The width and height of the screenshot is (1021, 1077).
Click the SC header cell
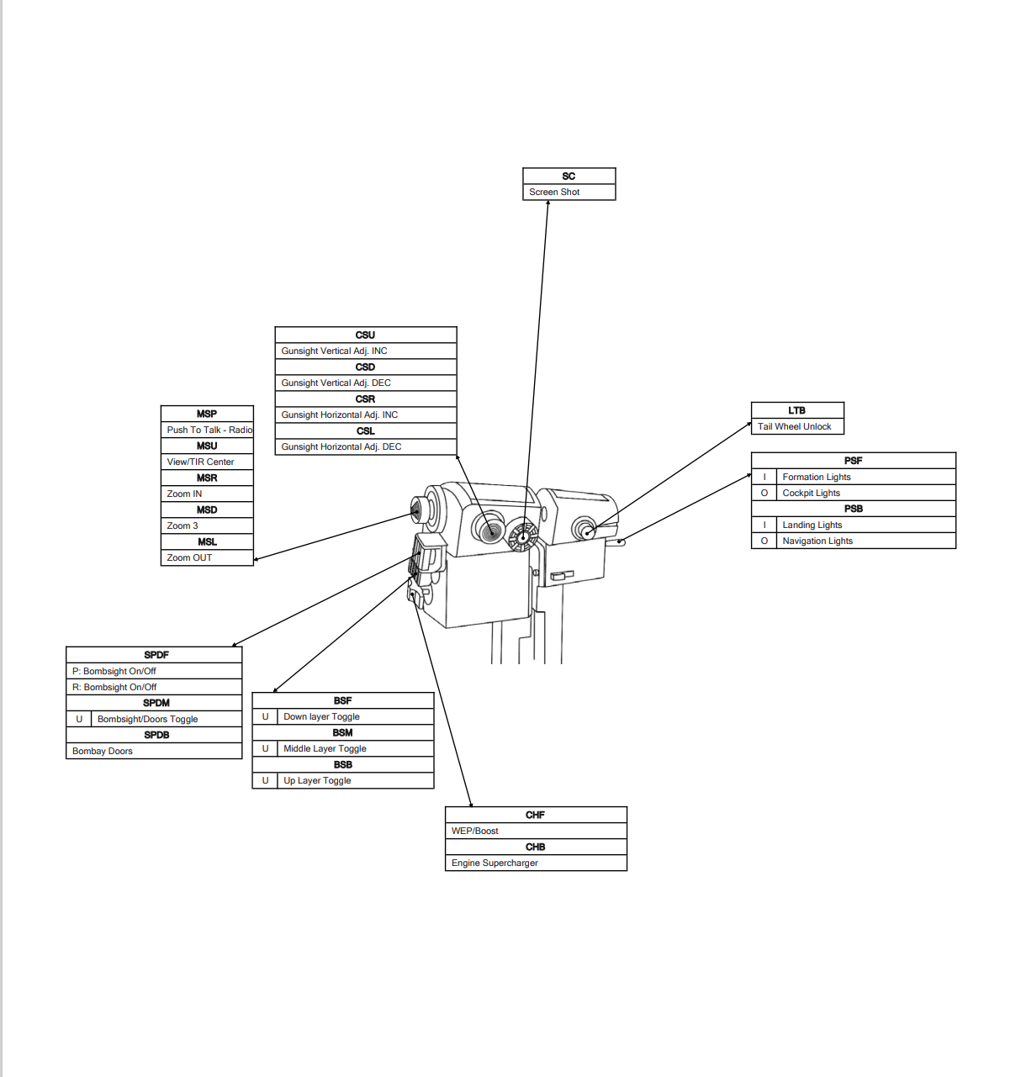[569, 176]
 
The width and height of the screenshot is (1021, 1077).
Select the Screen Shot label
[554, 192]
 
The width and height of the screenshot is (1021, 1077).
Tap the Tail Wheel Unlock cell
[794, 426]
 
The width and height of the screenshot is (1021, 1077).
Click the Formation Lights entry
[816, 477]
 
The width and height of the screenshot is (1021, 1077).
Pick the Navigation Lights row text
[817, 541]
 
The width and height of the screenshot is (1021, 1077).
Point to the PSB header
[853, 509]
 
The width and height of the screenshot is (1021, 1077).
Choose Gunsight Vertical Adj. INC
[334, 351]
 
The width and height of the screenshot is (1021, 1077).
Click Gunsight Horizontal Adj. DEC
[341, 446]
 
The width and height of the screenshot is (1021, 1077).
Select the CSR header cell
[365, 399]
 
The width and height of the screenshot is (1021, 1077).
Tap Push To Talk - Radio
[209, 430]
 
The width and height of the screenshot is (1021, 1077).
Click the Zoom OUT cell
[189, 557]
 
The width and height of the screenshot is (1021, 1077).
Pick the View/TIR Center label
[200, 462]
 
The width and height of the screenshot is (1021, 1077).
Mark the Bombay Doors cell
[103, 751]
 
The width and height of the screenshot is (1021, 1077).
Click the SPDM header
[156, 703]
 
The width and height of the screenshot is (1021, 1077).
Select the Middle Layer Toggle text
[325, 748]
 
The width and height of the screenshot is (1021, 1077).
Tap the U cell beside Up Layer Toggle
[265, 780]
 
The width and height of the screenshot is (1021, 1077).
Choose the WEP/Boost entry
[474, 831]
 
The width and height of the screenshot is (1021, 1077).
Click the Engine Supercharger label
[495, 863]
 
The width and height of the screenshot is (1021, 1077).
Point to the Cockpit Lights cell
[811, 493]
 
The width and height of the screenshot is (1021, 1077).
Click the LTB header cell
[796, 410]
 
